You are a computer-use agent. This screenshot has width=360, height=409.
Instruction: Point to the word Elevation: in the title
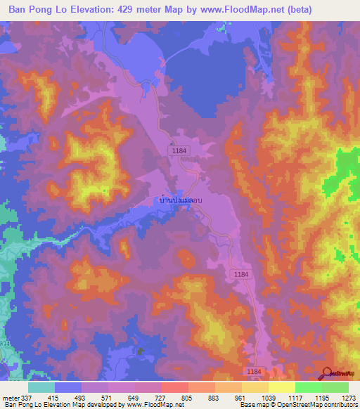pyautogui.click(x=98, y=9)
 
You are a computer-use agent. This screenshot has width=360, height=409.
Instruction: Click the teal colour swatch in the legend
pyautogui.click(x=41, y=387)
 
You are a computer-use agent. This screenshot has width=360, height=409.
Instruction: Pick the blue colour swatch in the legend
pyautogui.click(x=67, y=387)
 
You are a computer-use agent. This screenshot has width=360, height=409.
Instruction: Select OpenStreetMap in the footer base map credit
pyautogui.click(x=296, y=405)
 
